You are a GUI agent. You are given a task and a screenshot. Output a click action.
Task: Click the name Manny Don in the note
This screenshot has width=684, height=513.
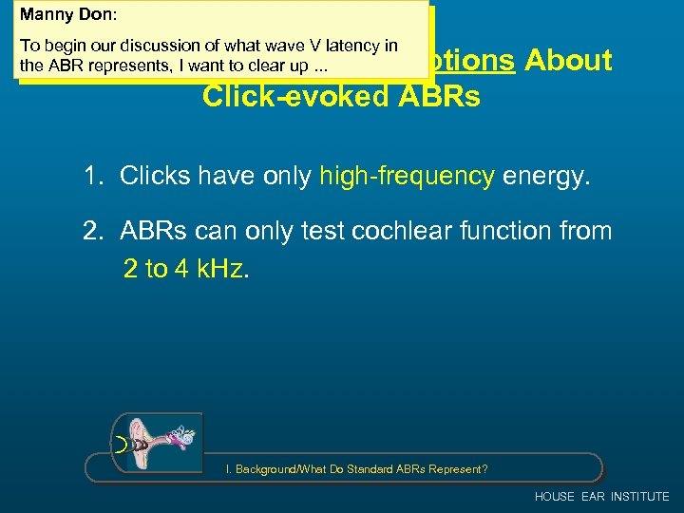coord(56,15)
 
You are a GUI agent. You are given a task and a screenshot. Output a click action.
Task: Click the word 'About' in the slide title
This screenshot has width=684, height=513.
coord(568,60)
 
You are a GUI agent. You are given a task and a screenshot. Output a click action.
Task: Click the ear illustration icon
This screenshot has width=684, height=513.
coord(157,440)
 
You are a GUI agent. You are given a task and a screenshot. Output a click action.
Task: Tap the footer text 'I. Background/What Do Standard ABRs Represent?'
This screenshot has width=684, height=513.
coord(356,469)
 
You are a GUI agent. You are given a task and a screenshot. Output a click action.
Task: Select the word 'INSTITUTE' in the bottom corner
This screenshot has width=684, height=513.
coord(639,497)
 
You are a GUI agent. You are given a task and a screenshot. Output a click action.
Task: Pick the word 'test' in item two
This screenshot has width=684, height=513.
coord(296,232)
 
